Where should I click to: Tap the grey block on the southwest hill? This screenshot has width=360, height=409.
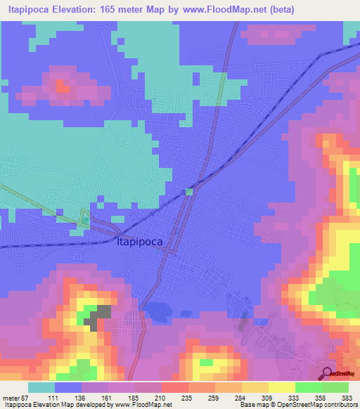coord(98,316)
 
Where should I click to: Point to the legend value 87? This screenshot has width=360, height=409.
coord(27,397)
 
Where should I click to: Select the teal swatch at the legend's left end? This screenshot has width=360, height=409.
coord(41,387)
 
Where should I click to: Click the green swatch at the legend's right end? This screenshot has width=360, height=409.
coord(335,387)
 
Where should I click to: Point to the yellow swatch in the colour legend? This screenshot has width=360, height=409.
coord(281,387)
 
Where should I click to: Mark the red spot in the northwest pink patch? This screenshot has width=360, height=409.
coord(61,86)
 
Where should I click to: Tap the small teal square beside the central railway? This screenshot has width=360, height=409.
coord(188,191)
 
